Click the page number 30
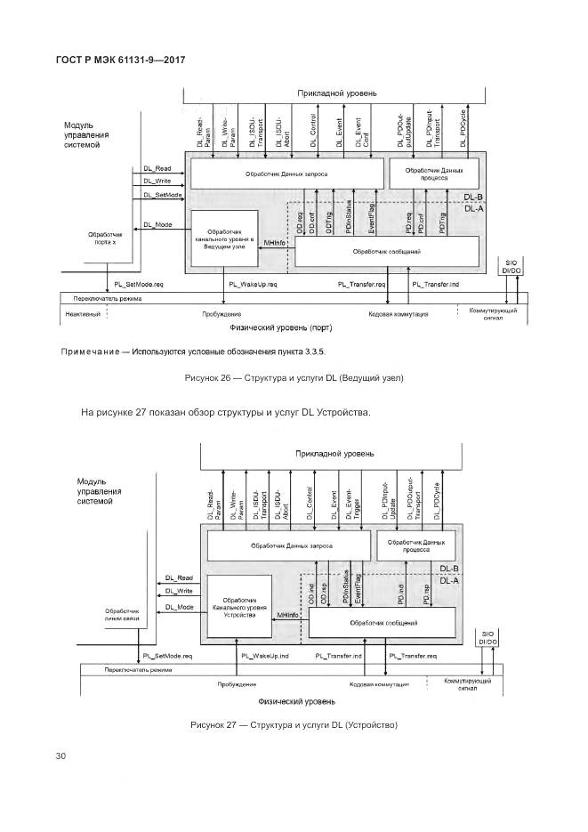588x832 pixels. [60, 756]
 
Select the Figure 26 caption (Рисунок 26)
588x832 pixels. [294, 378]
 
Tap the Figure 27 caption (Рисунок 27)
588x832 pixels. [294, 725]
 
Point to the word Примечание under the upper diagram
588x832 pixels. [93, 351]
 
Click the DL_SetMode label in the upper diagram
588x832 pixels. [163, 194]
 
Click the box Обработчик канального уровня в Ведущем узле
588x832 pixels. [224, 235]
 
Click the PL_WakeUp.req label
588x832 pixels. [254, 284]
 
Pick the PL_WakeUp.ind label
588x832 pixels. [263, 656]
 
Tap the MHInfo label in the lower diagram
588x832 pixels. [287, 615]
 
